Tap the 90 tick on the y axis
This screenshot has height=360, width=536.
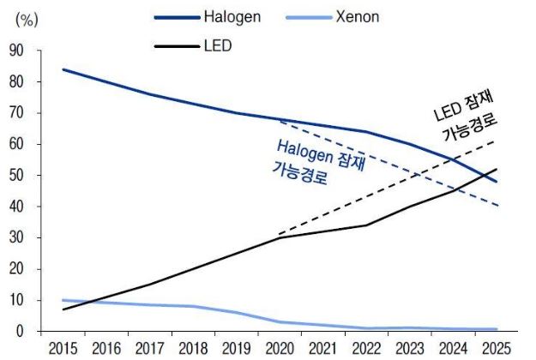16,51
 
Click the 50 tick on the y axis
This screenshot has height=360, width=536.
16,176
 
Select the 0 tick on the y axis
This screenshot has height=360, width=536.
21,332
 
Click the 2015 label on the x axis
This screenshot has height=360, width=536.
63,348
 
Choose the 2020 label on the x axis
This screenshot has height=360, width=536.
280,348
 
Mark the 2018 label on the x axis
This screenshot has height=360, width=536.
193,348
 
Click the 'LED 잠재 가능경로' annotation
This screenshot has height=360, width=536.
464,118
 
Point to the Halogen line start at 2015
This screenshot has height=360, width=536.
63,69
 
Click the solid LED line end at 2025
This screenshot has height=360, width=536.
497,170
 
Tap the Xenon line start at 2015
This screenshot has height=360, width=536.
63,300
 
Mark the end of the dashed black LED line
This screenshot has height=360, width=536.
497,141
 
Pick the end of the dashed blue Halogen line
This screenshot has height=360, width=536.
497,206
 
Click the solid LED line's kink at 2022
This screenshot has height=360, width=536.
366,225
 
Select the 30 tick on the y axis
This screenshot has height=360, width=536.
16,237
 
